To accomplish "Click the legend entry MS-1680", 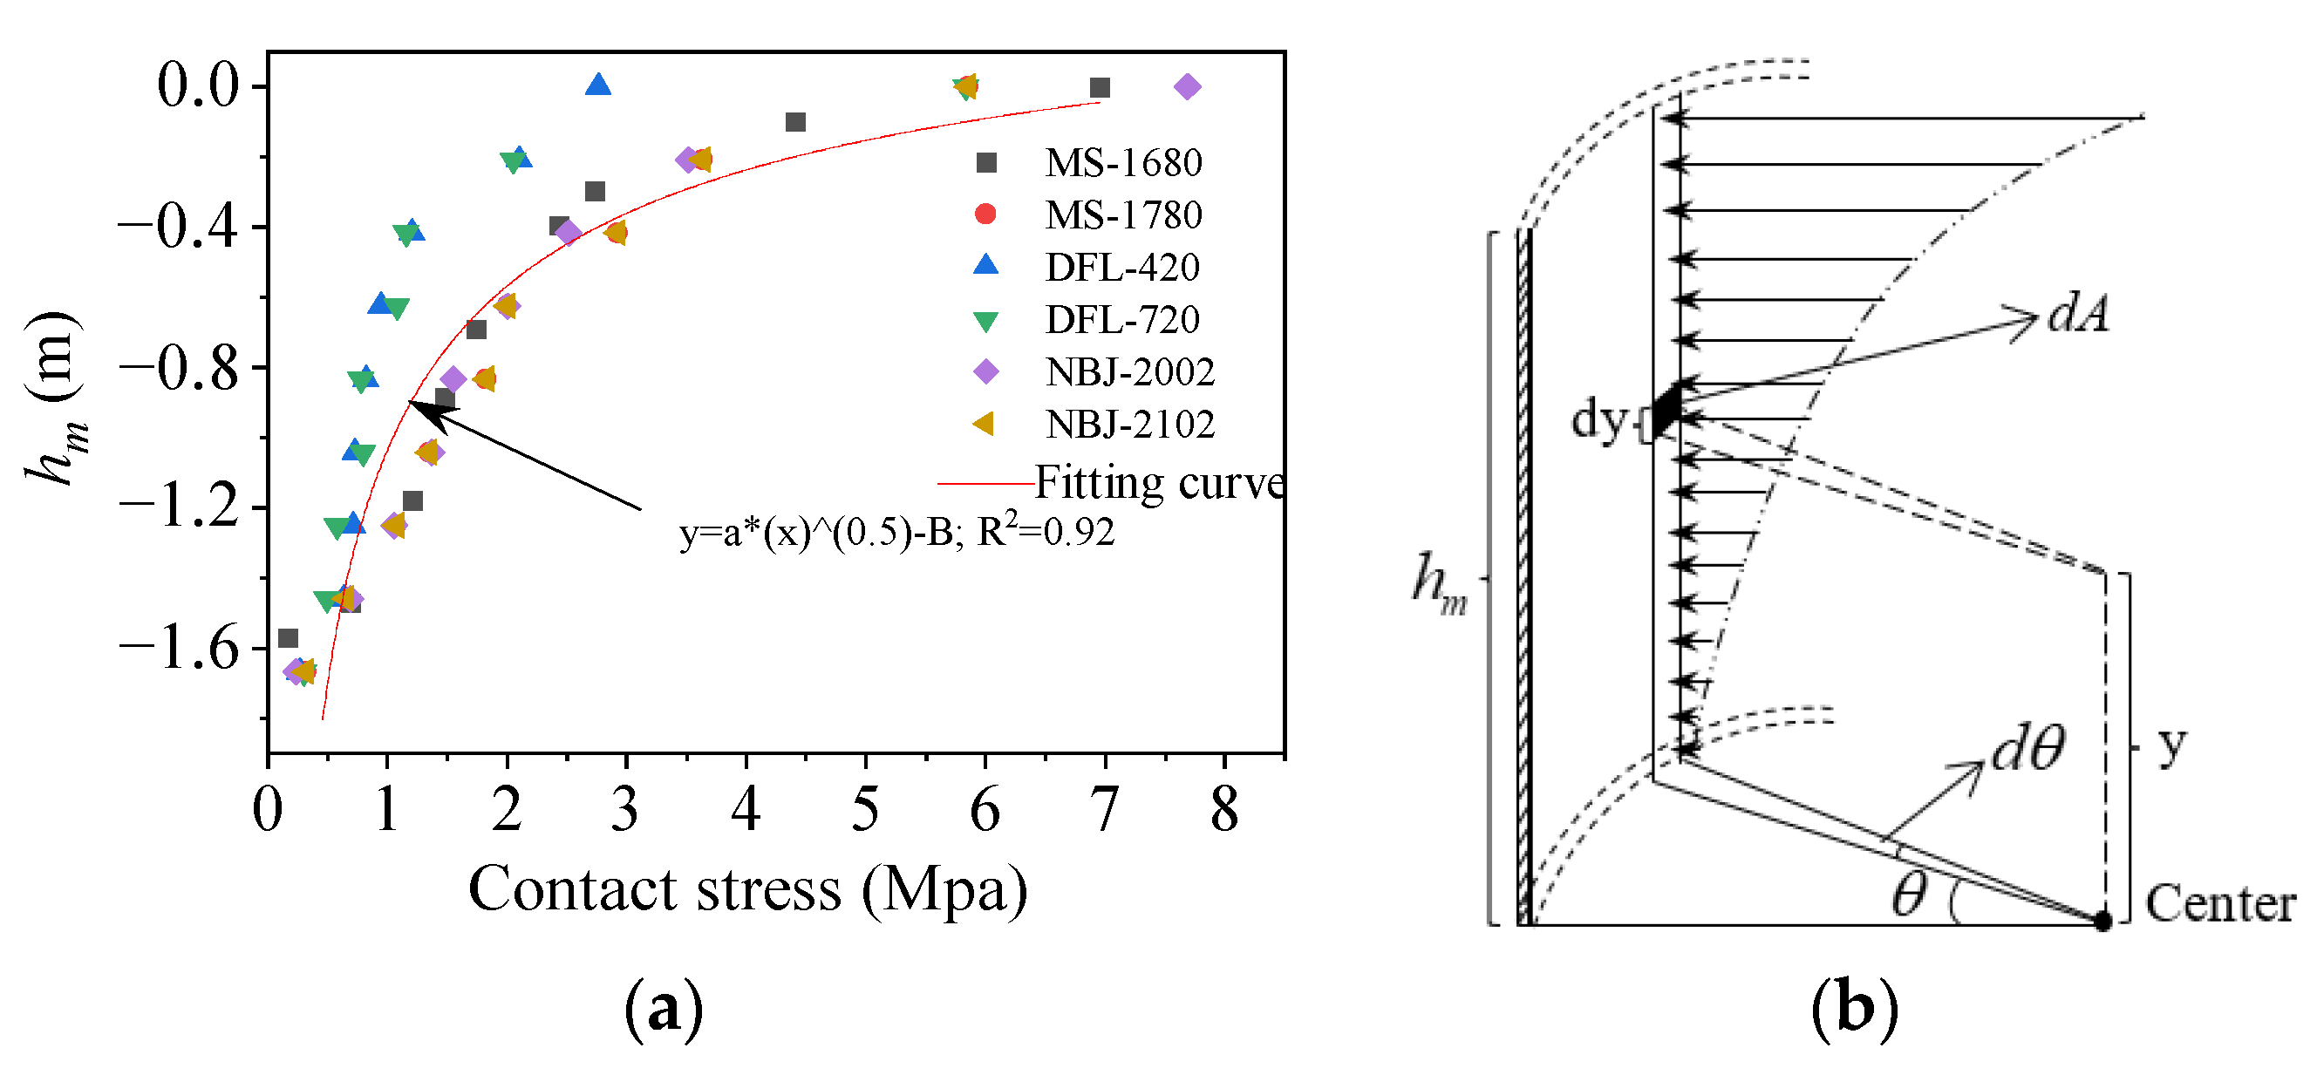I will pyautogui.click(x=1121, y=163).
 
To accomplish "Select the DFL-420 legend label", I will pyautogui.click(x=1121, y=267).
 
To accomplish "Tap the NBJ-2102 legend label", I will pyautogui.click(x=1128, y=424).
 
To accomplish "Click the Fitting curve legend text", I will pyautogui.click(x=1158, y=483).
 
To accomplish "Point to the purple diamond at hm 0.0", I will pyautogui.click(x=1188, y=87).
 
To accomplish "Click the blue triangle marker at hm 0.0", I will pyautogui.click(x=598, y=86).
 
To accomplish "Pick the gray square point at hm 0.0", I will pyautogui.click(x=1099, y=87).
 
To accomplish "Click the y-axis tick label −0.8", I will pyautogui.click(x=179, y=368).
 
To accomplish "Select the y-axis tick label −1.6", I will pyautogui.click(x=179, y=649).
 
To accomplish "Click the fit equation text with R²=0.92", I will pyautogui.click(x=896, y=533).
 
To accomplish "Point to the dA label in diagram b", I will pyautogui.click(x=2079, y=315).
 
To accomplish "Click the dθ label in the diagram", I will pyautogui.click(x=2027, y=747).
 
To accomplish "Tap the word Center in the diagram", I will pyautogui.click(x=2220, y=903).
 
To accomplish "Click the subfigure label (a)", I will pyautogui.click(x=664, y=1010).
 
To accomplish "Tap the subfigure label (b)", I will pyautogui.click(x=1855, y=1010).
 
